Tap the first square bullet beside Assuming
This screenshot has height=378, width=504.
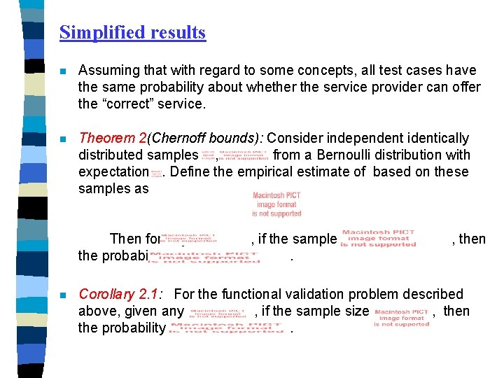[x=63, y=71]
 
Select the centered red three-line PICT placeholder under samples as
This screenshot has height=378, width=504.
[x=276, y=204]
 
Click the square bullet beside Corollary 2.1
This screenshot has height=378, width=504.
[x=63, y=295]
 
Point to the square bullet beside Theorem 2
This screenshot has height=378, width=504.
[x=63, y=139]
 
